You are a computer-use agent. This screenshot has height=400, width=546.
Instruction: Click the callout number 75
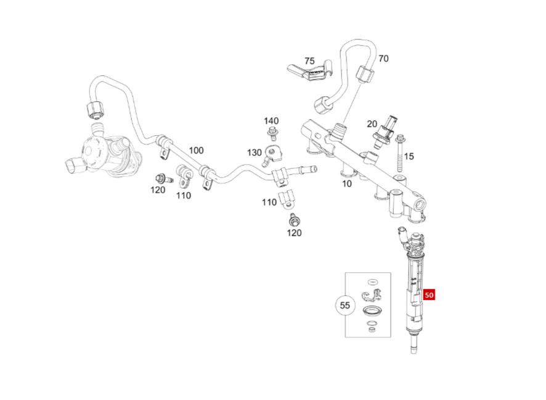pos(309,61)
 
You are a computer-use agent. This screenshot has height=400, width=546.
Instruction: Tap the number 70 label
pos(383,59)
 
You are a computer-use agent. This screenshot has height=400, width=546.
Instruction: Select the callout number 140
pos(271,121)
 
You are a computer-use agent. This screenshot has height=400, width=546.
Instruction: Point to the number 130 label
pos(255,152)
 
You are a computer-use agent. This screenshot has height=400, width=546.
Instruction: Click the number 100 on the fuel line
pos(196,150)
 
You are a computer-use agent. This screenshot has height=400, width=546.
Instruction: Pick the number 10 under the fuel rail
pos(347,183)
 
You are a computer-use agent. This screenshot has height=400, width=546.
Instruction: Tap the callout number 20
pos(372,124)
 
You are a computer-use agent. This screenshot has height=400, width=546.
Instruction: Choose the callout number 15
pos(409,156)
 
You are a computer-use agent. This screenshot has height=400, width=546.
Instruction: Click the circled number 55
pos(345,305)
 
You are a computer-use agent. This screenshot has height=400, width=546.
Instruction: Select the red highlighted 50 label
pos(430,295)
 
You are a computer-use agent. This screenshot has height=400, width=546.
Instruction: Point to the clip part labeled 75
pos(311,76)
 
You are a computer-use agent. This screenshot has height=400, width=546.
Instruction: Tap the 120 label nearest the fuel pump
pos(158,190)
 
